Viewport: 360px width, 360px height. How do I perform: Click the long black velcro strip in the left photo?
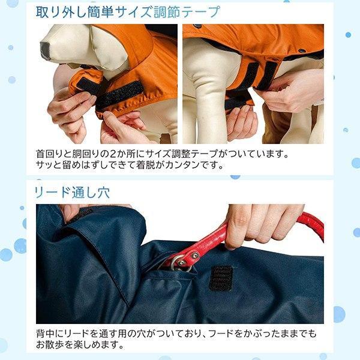(x=119, y=94)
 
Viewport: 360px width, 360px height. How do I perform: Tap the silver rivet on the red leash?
(x=194, y=256)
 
